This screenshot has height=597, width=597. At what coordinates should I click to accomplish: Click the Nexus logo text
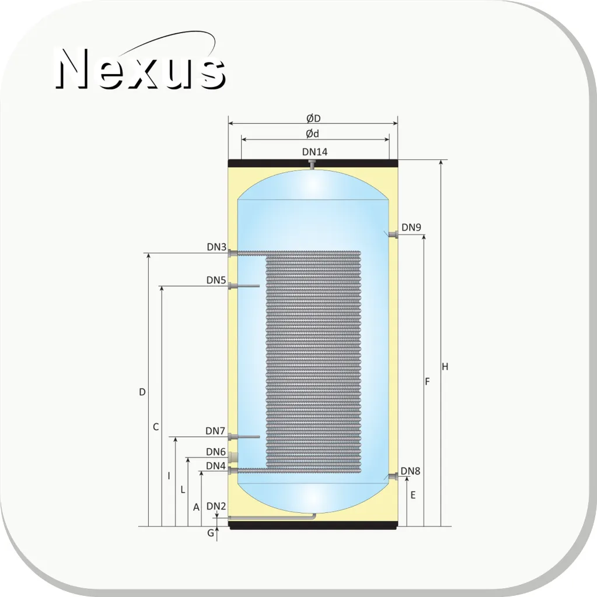[141, 68]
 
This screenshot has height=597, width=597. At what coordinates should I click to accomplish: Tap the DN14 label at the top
[315, 152]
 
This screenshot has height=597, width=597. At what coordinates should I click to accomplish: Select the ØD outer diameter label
[313, 118]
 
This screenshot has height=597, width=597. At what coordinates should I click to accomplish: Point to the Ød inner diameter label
[312, 134]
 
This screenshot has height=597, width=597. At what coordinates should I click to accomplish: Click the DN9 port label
[411, 227]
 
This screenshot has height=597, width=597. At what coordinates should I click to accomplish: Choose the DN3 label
[217, 247]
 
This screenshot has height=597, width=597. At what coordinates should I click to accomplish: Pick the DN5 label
[217, 280]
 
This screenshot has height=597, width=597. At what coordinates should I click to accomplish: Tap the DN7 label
[215, 431]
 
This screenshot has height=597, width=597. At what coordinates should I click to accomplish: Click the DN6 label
[216, 452]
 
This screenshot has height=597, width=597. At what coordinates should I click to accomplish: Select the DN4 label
[216, 466]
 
